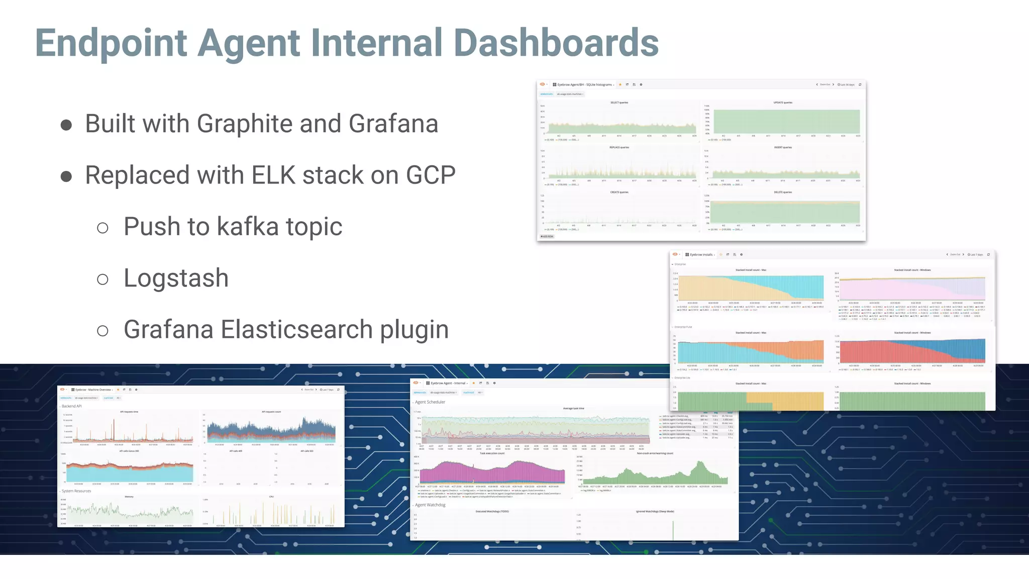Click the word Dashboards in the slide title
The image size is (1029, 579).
click(556, 43)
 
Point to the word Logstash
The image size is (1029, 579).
click(176, 278)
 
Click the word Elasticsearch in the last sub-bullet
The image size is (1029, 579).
click(296, 330)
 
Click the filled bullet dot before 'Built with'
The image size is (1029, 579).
click(66, 125)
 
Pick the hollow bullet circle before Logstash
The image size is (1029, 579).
click(102, 279)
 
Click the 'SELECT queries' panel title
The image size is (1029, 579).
click(619, 103)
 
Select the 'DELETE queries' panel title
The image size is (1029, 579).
click(783, 192)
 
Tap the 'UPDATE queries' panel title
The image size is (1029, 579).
click(783, 103)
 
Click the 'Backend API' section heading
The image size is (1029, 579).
click(71, 406)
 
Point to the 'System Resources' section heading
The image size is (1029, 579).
click(76, 491)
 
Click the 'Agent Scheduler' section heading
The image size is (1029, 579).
click(430, 402)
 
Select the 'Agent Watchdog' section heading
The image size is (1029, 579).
click(430, 505)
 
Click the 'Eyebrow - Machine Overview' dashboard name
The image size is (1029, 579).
click(93, 390)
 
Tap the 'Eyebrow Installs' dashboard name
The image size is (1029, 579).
click(701, 255)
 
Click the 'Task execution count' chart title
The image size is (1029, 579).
click(492, 453)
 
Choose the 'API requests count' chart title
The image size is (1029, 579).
click(271, 412)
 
